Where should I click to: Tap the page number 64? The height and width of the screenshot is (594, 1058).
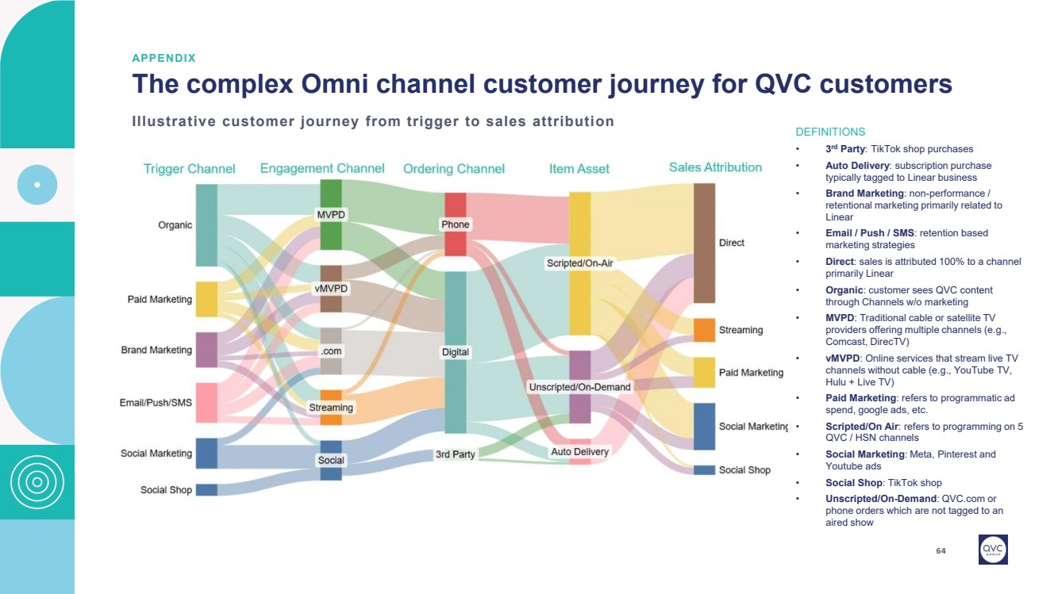941,551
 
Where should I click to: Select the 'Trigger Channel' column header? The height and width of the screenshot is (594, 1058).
189,169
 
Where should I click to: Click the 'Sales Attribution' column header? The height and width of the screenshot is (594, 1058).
715,167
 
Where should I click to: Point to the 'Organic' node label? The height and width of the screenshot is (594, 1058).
175,225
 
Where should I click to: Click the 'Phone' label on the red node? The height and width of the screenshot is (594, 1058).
455,224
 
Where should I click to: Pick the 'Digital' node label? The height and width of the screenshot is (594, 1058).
455,352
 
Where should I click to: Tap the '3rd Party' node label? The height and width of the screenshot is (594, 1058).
455,454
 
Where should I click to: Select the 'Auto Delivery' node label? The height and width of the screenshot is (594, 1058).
580,452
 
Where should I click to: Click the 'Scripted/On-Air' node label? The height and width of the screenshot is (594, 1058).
579,263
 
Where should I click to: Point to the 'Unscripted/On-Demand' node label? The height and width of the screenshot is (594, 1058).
579,387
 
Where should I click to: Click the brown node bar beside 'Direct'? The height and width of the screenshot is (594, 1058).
704,243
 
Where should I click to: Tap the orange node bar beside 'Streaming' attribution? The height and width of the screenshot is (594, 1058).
704,330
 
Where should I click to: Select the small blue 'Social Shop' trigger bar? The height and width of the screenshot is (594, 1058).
206,490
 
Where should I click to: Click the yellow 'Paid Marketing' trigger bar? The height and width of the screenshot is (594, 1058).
206,300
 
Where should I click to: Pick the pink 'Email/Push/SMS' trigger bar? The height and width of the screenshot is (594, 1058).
206,403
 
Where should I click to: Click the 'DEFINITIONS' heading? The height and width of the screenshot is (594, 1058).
830,132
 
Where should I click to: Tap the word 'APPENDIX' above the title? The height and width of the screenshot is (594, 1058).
164,58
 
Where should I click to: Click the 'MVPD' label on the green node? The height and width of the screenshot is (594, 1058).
331,215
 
